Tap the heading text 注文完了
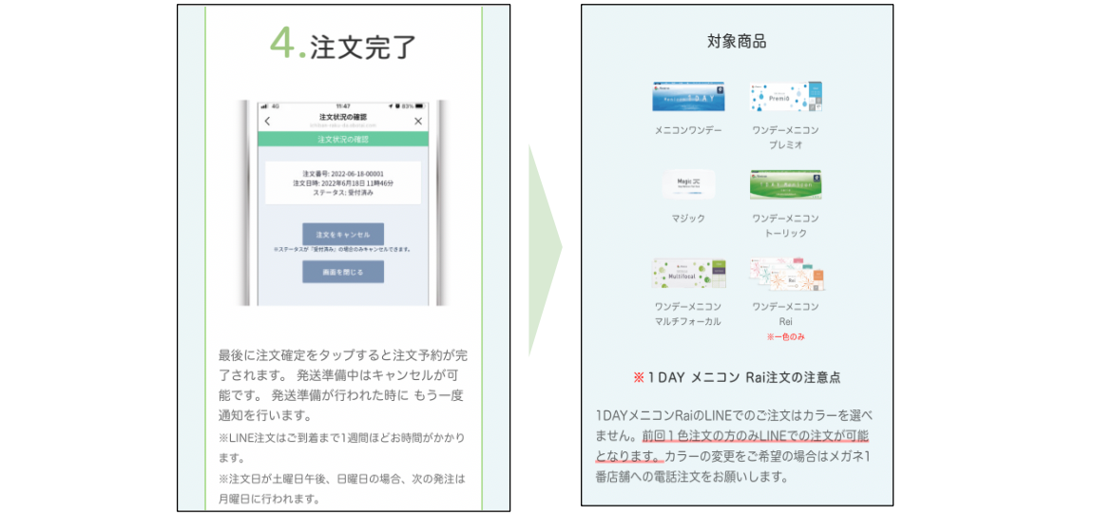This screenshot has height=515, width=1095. click(363, 45)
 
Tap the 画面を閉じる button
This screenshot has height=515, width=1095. click(343, 272)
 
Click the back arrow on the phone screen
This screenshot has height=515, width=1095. click(267, 122)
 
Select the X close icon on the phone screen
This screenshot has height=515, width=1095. click(418, 122)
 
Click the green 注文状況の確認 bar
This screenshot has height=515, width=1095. click(343, 139)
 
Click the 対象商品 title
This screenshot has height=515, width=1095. click(737, 41)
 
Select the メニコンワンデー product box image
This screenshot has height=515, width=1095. click(688, 97)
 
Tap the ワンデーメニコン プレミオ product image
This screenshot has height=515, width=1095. click(785, 97)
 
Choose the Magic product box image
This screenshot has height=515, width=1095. click(688, 184)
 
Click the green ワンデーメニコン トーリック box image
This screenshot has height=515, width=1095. click(785, 184)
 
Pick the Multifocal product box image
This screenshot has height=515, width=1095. click(688, 274)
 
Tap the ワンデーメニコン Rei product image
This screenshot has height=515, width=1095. click(786, 274)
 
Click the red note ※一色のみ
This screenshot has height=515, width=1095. click(785, 337)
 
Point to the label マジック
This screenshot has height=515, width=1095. click(688, 219)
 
